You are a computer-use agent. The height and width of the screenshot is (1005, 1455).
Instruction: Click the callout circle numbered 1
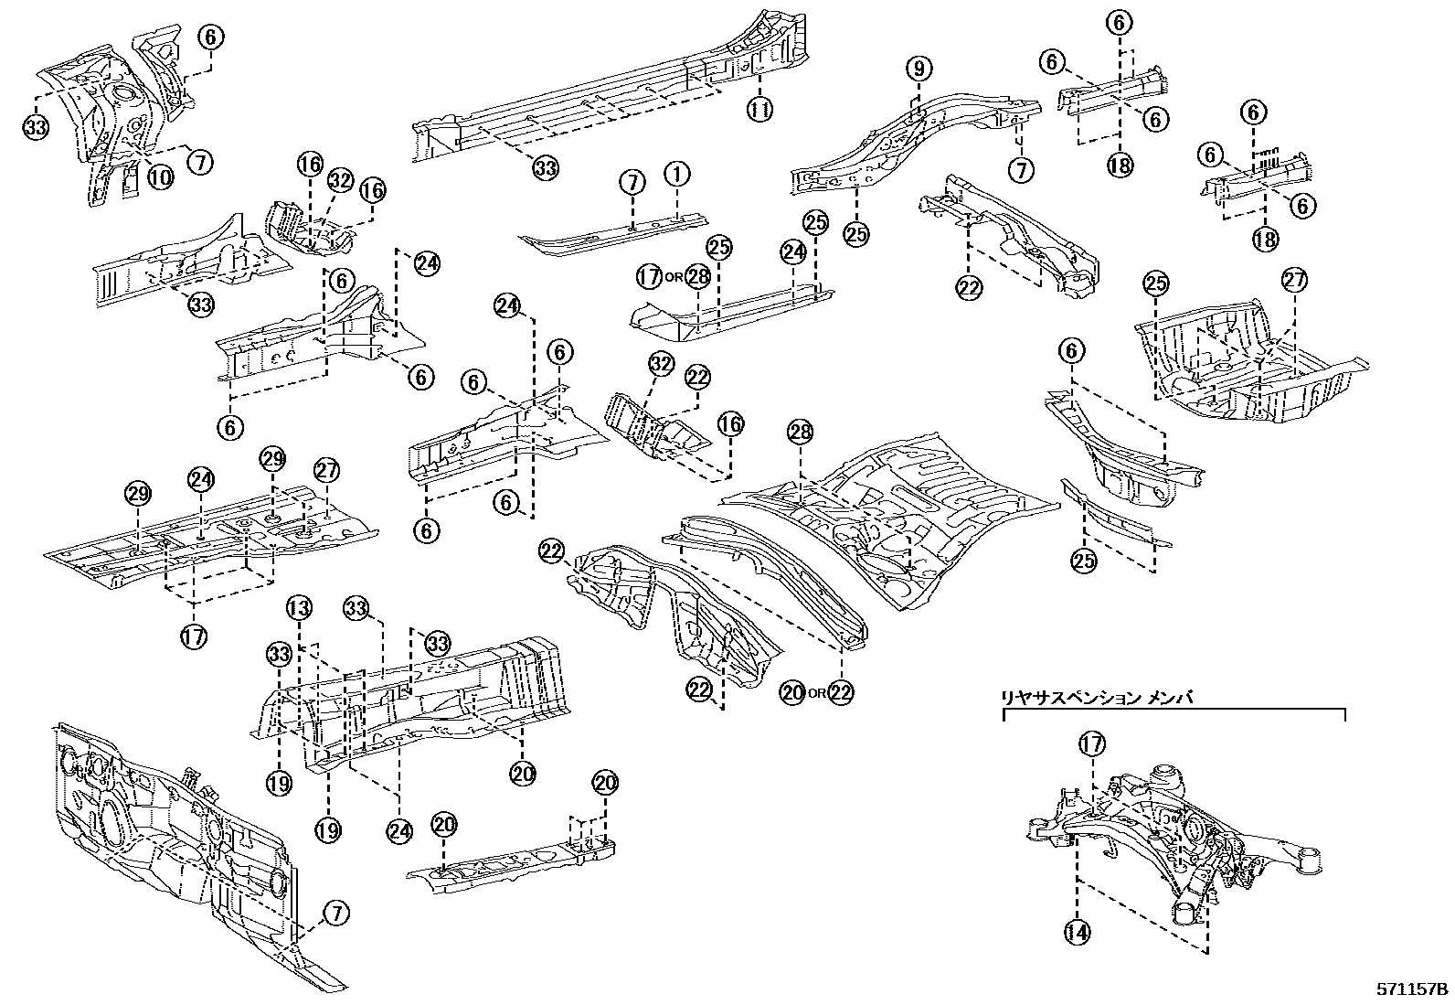click(x=676, y=173)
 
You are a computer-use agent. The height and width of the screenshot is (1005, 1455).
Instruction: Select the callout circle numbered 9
click(x=919, y=68)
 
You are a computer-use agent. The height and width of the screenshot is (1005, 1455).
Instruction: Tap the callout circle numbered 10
click(x=160, y=176)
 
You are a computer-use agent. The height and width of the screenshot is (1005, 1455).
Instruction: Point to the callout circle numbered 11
click(x=759, y=110)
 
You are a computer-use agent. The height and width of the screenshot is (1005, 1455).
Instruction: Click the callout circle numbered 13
click(x=299, y=607)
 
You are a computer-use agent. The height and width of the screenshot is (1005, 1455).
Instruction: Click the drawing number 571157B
click(x=1412, y=989)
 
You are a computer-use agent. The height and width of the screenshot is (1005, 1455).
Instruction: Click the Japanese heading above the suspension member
click(x=1098, y=698)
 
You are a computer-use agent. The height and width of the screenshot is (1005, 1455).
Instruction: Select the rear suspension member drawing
click(x=1179, y=841)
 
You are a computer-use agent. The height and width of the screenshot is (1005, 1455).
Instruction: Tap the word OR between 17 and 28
click(x=674, y=277)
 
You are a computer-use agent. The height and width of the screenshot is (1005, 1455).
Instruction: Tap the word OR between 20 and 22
click(x=816, y=692)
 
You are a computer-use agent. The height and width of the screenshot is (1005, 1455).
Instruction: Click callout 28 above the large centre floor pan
click(x=800, y=434)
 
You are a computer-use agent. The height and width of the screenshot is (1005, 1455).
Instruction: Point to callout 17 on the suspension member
click(x=1092, y=743)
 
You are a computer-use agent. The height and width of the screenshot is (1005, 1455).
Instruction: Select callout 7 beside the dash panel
click(x=335, y=913)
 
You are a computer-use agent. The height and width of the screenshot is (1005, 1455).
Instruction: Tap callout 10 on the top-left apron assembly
click(x=160, y=176)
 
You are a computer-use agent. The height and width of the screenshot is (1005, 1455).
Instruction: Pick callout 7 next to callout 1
click(x=632, y=182)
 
